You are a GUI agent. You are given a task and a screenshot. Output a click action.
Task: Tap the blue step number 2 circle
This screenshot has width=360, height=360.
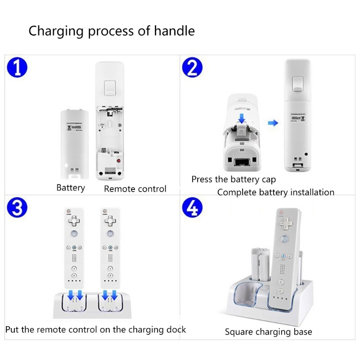[x=192, y=68]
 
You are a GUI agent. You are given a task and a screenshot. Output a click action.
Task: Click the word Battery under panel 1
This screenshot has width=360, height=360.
[x=71, y=188]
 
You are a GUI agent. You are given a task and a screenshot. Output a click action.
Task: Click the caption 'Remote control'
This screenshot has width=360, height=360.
[x=135, y=189]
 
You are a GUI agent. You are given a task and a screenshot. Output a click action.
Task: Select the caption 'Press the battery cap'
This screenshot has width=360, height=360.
[x=234, y=179]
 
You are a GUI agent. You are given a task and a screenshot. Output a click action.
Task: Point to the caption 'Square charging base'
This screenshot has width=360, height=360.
[x=268, y=332]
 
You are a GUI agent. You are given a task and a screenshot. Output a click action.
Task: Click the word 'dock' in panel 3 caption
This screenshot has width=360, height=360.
[x=176, y=329]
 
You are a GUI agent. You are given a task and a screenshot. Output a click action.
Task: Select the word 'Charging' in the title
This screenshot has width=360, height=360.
[x=56, y=31]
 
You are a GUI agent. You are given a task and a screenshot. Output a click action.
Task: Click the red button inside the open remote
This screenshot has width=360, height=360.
[x=119, y=161]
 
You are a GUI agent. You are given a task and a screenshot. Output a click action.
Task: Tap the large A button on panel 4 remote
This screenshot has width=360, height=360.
[x=284, y=239]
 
